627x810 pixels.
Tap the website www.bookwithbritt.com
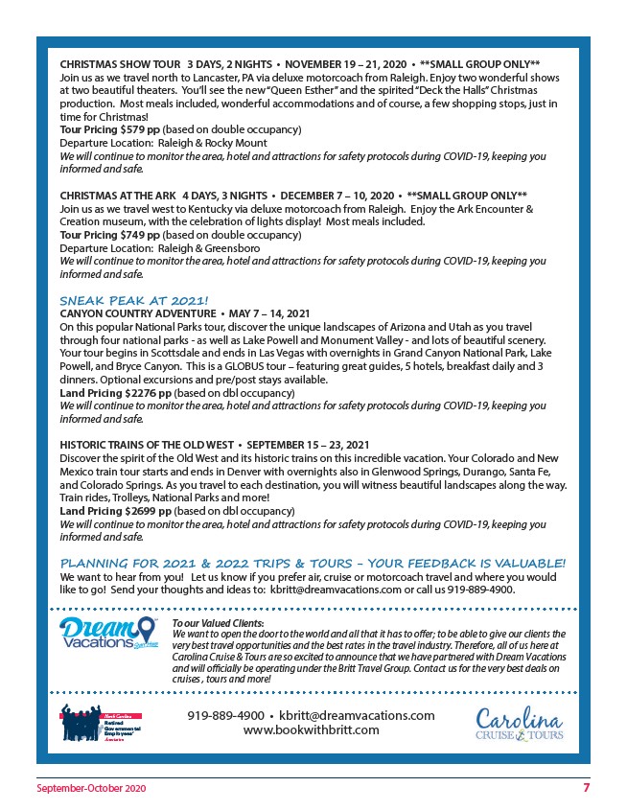tap(311, 730)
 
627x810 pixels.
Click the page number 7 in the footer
tap(586, 787)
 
